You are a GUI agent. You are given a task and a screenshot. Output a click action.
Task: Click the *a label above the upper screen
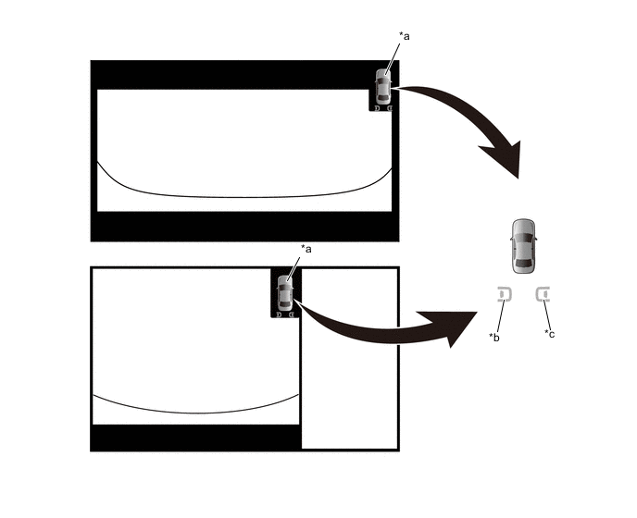pyautogui.click(x=405, y=36)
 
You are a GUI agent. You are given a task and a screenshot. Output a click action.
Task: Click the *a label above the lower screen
pyautogui.click(x=306, y=249)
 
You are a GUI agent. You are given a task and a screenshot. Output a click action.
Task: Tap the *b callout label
pyautogui.click(x=494, y=337)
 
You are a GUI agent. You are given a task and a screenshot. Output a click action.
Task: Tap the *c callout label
pyautogui.click(x=549, y=334)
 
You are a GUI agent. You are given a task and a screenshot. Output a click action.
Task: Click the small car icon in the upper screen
pyautogui.click(x=382, y=86)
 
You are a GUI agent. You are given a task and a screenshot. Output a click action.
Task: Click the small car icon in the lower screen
pyautogui.click(x=285, y=292)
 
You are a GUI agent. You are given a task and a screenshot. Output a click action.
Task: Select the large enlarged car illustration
pyautogui.click(x=523, y=246)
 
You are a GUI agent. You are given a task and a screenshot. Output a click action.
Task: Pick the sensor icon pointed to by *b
pyautogui.click(x=505, y=294)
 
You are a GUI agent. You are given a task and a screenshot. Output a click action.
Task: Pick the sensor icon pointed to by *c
pyautogui.click(x=543, y=294)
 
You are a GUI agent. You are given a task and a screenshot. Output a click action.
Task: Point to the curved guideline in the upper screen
pyautogui.click(x=244, y=197)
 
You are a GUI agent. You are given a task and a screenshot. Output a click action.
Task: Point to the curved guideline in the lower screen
pyautogui.click(x=196, y=413)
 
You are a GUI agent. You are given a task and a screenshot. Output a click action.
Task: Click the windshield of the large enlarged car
pyautogui.click(x=523, y=238)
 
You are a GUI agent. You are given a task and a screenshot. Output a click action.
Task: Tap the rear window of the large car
pyautogui.click(x=523, y=265)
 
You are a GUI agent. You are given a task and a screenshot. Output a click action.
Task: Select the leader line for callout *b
pyautogui.click(x=501, y=316)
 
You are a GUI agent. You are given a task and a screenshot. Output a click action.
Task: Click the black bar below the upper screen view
pyautogui.click(x=244, y=227)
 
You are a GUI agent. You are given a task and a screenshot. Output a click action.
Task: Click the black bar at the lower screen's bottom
pyautogui.click(x=196, y=438)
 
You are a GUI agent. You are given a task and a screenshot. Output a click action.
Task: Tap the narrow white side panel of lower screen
pyautogui.click(x=349, y=359)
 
